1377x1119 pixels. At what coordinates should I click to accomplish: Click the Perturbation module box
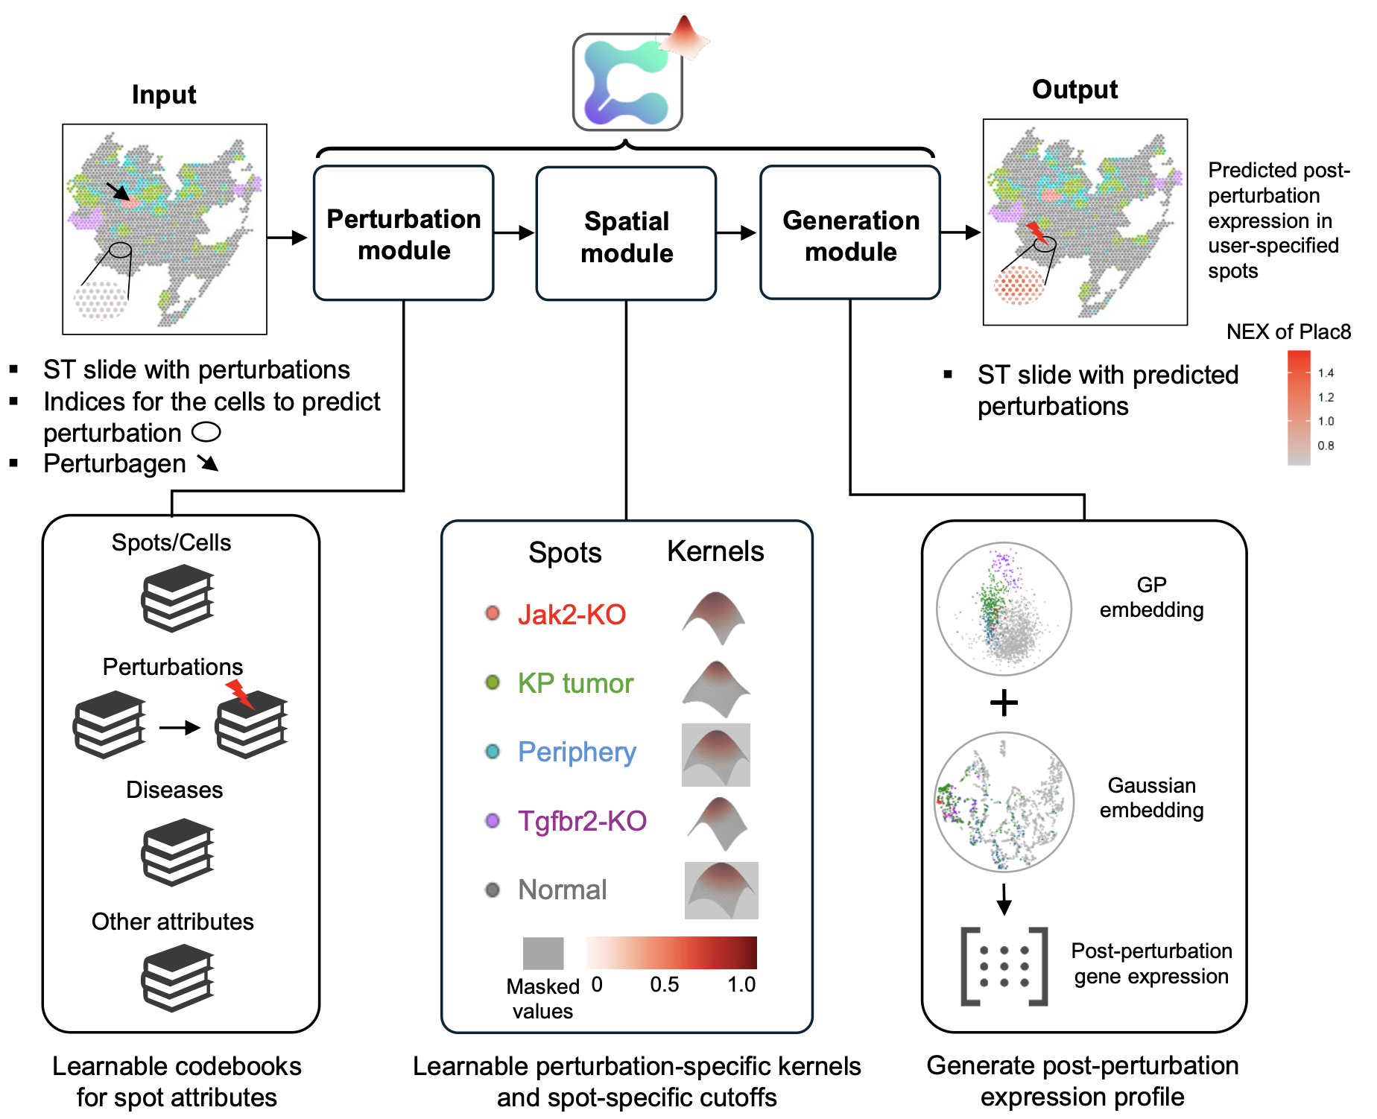(403, 233)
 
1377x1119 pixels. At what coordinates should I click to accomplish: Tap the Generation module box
(850, 234)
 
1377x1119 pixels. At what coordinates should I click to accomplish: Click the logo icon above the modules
(627, 82)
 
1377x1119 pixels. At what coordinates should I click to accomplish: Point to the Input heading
(164, 95)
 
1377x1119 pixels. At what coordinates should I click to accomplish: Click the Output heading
(1074, 90)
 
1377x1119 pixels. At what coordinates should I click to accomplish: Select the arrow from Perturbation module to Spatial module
(514, 233)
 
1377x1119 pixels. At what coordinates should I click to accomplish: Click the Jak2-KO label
(572, 615)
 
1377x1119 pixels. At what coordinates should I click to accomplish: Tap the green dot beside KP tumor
(493, 682)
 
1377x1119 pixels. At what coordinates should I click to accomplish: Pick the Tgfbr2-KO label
(582, 821)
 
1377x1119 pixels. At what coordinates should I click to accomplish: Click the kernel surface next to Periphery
(716, 755)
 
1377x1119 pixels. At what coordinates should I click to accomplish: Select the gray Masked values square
(543, 953)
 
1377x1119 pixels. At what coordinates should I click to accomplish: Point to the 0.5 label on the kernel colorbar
(664, 985)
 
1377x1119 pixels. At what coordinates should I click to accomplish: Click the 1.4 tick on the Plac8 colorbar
(1326, 373)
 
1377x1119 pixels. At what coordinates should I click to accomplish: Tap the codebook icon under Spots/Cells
(177, 597)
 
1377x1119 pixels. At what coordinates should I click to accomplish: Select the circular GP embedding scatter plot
(1004, 609)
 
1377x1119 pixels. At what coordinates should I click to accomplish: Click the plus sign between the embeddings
(1004, 703)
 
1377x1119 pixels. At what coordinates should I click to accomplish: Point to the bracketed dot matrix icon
(1004, 966)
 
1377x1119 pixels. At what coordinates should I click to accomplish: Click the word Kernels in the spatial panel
(715, 552)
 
